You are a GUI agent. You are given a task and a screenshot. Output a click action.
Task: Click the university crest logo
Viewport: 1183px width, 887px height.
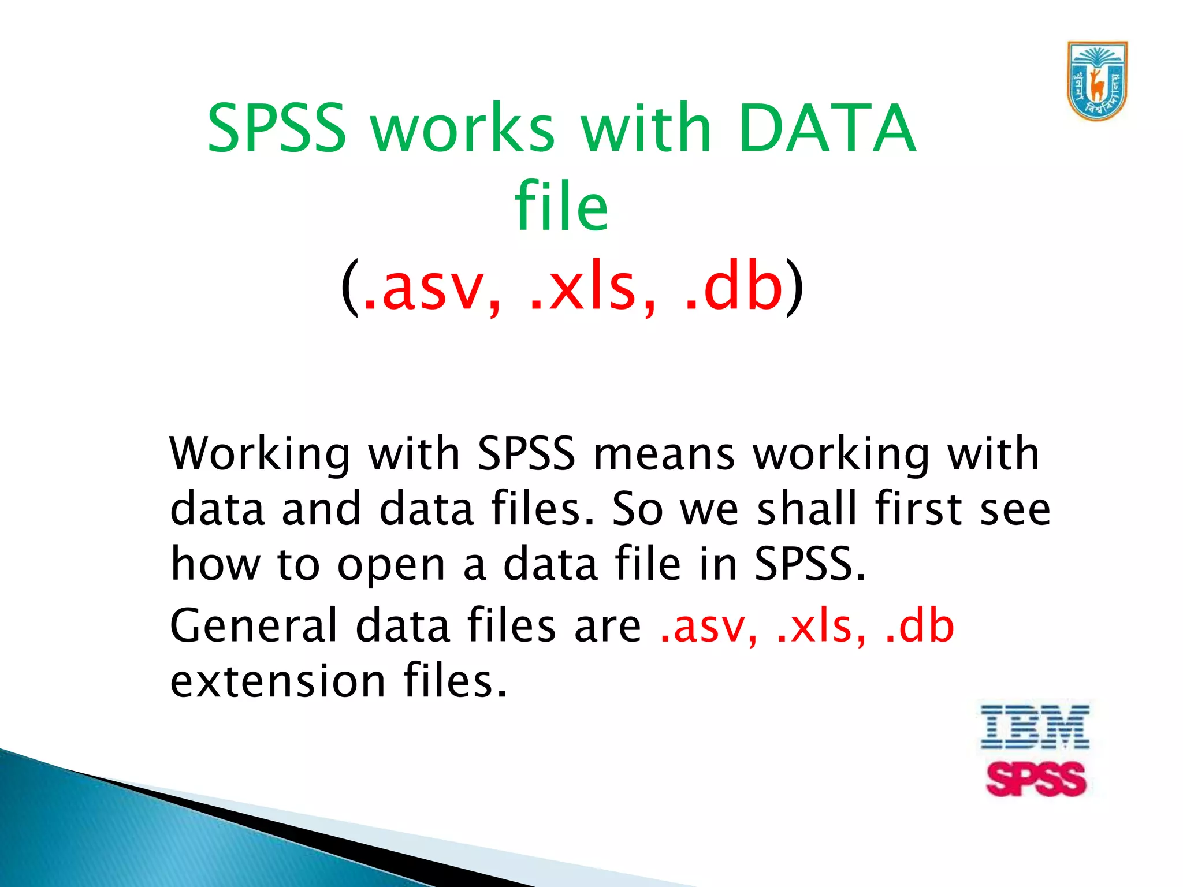(x=1096, y=81)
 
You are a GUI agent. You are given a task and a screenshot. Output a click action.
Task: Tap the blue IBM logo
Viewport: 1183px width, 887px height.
(x=1035, y=727)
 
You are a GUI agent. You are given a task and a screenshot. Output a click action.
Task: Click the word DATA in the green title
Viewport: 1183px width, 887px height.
(x=827, y=128)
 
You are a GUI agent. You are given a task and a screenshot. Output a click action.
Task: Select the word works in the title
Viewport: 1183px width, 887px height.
(x=462, y=128)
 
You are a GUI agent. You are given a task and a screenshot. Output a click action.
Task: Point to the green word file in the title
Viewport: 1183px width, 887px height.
(x=561, y=207)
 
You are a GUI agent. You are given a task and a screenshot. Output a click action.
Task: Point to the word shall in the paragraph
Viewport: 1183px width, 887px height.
(x=806, y=509)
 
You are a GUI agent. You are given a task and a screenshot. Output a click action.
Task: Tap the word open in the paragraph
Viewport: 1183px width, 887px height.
(x=391, y=567)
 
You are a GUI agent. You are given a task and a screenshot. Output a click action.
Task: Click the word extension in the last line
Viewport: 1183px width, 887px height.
(x=278, y=682)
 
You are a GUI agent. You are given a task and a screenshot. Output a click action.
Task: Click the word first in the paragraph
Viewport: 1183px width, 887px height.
(x=918, y=509)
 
